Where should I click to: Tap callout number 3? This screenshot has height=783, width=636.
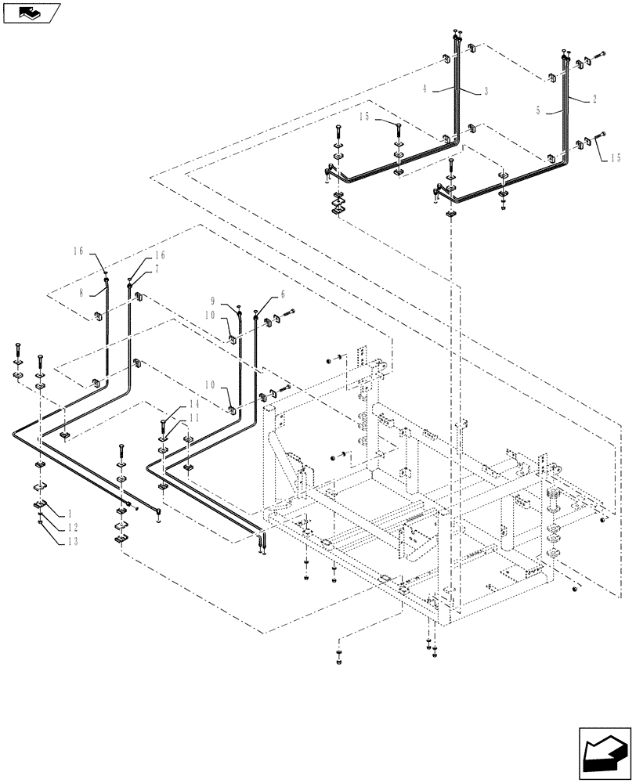[x=486, y=92]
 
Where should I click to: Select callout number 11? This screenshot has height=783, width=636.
[x=195, y=419]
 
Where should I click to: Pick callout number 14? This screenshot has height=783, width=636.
[x=194, y=404]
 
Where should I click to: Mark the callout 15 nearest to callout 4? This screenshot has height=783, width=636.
[x=364, y=118]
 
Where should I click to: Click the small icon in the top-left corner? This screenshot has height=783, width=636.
[x=31, y=12]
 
